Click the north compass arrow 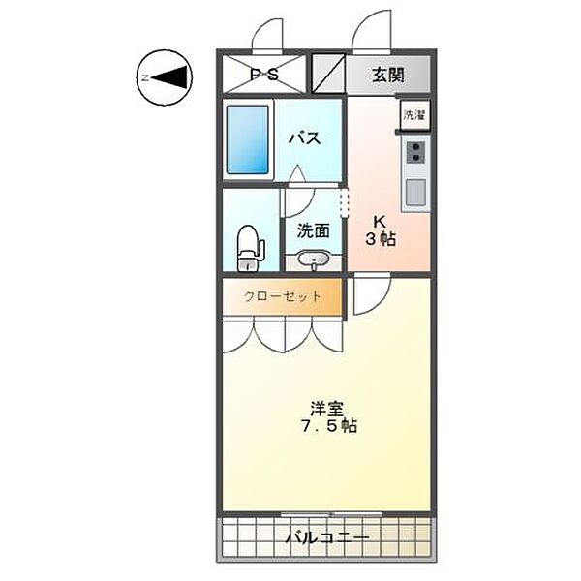pyautogui.click(x=165, y=77)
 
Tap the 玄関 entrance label pyautogui.click(x=388, y=76)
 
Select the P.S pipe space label pyautogui.click(x=264, y=75)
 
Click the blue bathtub pyautogui.click(x=248, y=139)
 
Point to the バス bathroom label pyautogui.click(x=305, y=138)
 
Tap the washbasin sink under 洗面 pyautogui.click(x=314, y=259)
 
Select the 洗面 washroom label pyautogui.click(x=314, y=230)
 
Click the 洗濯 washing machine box pyautogui.click(x=414, y=115)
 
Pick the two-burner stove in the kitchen pyautogui.click(x=415, y=152)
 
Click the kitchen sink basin pyautogui.click(x=415, y=192)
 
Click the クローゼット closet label pyautogui.click(x=283, y=296)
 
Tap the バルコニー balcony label pyautogui.click(x=327, y=537)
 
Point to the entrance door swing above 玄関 pyautogui.click(x=372, y=33)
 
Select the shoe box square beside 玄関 pyautogui.click(x=328, y=74)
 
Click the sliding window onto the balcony pyautogui.click(x=331, y=513)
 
